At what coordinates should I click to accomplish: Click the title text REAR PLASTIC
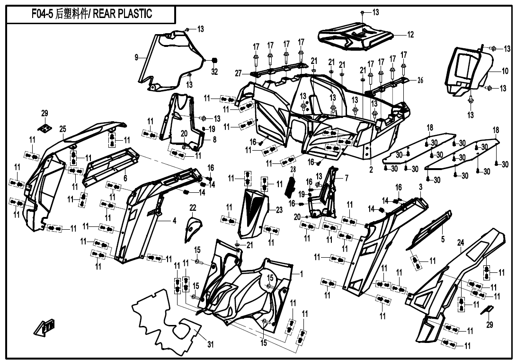pos(123,14)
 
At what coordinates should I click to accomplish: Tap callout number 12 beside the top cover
pos(410,35)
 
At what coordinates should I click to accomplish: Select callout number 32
pos(214,72)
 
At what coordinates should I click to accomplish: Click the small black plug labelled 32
pos(214,60)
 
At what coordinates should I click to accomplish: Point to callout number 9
pos(136,57)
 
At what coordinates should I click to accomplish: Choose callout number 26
pos(420,80)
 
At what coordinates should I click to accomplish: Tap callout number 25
pos(62,129)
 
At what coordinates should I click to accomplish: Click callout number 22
pos(193,207)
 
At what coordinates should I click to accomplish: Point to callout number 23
pos(279,210)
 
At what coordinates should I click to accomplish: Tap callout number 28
pos(293,169)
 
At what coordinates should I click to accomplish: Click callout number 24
pos(460,243)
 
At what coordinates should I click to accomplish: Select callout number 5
pos(443,240)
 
